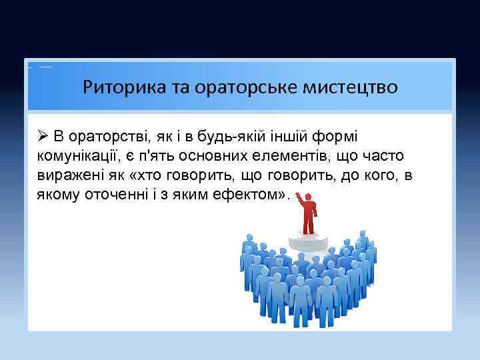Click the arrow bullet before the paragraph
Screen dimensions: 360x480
pyautogui.click(x=44, y=137)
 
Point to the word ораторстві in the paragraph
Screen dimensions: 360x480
pyautogui.click(x=111, y=137)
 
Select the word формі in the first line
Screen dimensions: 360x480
pyautogui.click(x=337, y=137)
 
